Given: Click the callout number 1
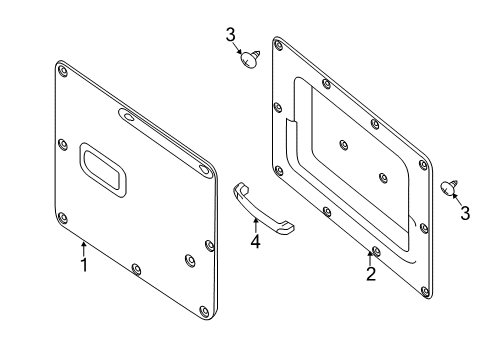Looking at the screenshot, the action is (x=84, y=265).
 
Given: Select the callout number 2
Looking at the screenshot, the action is (x=371, y=274).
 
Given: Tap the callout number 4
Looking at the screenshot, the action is (x=255, y=241).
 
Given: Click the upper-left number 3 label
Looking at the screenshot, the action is (x=231, y=35).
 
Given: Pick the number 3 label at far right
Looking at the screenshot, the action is (x=465, y=213).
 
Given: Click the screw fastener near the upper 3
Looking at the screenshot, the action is (x=250, y=59).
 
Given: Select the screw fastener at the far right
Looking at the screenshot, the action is (x=449, y=187).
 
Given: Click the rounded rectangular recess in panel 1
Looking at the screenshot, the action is (x=103, y=170).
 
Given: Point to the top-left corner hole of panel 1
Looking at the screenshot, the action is (x=63, y=71).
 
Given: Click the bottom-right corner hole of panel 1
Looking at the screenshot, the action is (x=204, y=312).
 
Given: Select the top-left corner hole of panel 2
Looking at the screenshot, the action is (x=278, y=45).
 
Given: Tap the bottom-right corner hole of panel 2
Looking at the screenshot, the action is (x=425, y=292).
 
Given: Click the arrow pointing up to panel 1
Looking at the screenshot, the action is (x=84, y=249).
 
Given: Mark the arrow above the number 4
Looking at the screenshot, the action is (x=256, y=225).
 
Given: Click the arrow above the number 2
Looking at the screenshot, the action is (x=370, y=258).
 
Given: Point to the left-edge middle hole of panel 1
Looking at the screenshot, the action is (x=63, y=145).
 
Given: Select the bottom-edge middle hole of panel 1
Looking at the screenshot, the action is (x=136, y=269).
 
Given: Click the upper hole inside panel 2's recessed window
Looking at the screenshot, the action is (x=343, y=145).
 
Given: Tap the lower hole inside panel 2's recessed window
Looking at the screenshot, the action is (x=383, y=178).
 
